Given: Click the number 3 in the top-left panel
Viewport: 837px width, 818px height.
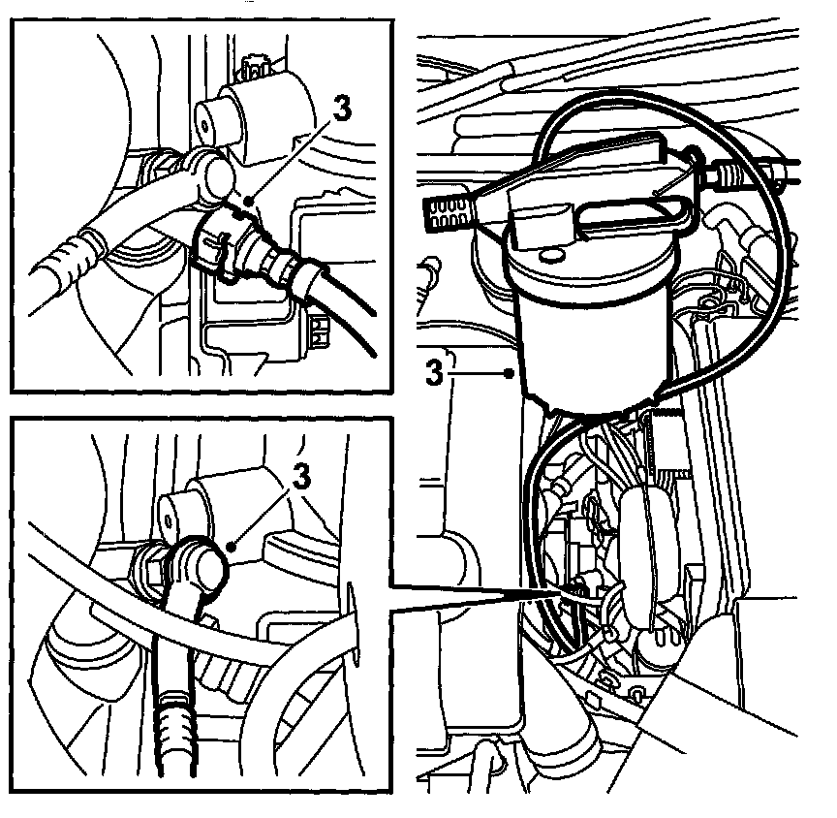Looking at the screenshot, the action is tap(342, 109).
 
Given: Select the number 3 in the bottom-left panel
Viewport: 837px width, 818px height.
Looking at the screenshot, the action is tap(301, 476).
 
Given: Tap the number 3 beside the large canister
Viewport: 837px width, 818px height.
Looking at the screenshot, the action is tap(434, 372).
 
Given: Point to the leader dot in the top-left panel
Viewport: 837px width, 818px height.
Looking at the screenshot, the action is tap(248, 201).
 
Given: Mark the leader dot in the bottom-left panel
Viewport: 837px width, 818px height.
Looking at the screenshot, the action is tap(232, 547).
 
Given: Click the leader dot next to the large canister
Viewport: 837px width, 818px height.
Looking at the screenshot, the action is tap(510, 374).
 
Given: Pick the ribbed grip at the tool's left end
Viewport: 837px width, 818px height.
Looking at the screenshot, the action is tap(448, 213).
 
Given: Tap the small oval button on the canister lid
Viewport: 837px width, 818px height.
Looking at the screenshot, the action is tap(548, 256).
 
